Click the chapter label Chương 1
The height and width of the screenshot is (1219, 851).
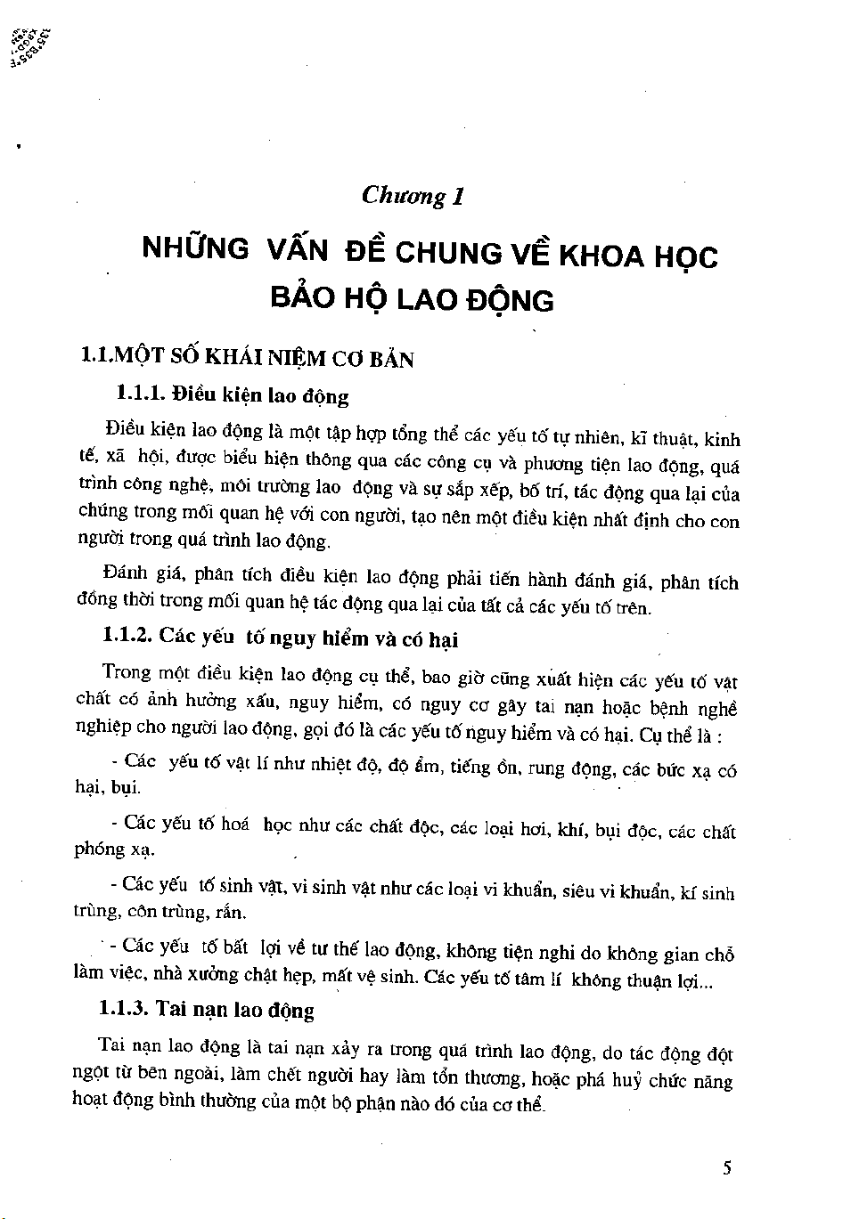[413, 196]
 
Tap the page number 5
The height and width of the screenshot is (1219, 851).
[728, 1168]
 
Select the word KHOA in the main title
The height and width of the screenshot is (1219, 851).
[601, 256]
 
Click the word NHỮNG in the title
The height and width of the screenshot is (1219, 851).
[196, 248]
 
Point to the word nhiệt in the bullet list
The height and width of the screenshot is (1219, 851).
[329, 764]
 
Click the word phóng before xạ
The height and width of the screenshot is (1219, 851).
[100, 849]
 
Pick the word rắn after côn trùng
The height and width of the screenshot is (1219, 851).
[232, 913]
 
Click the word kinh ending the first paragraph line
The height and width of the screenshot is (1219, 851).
[722, 439]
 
